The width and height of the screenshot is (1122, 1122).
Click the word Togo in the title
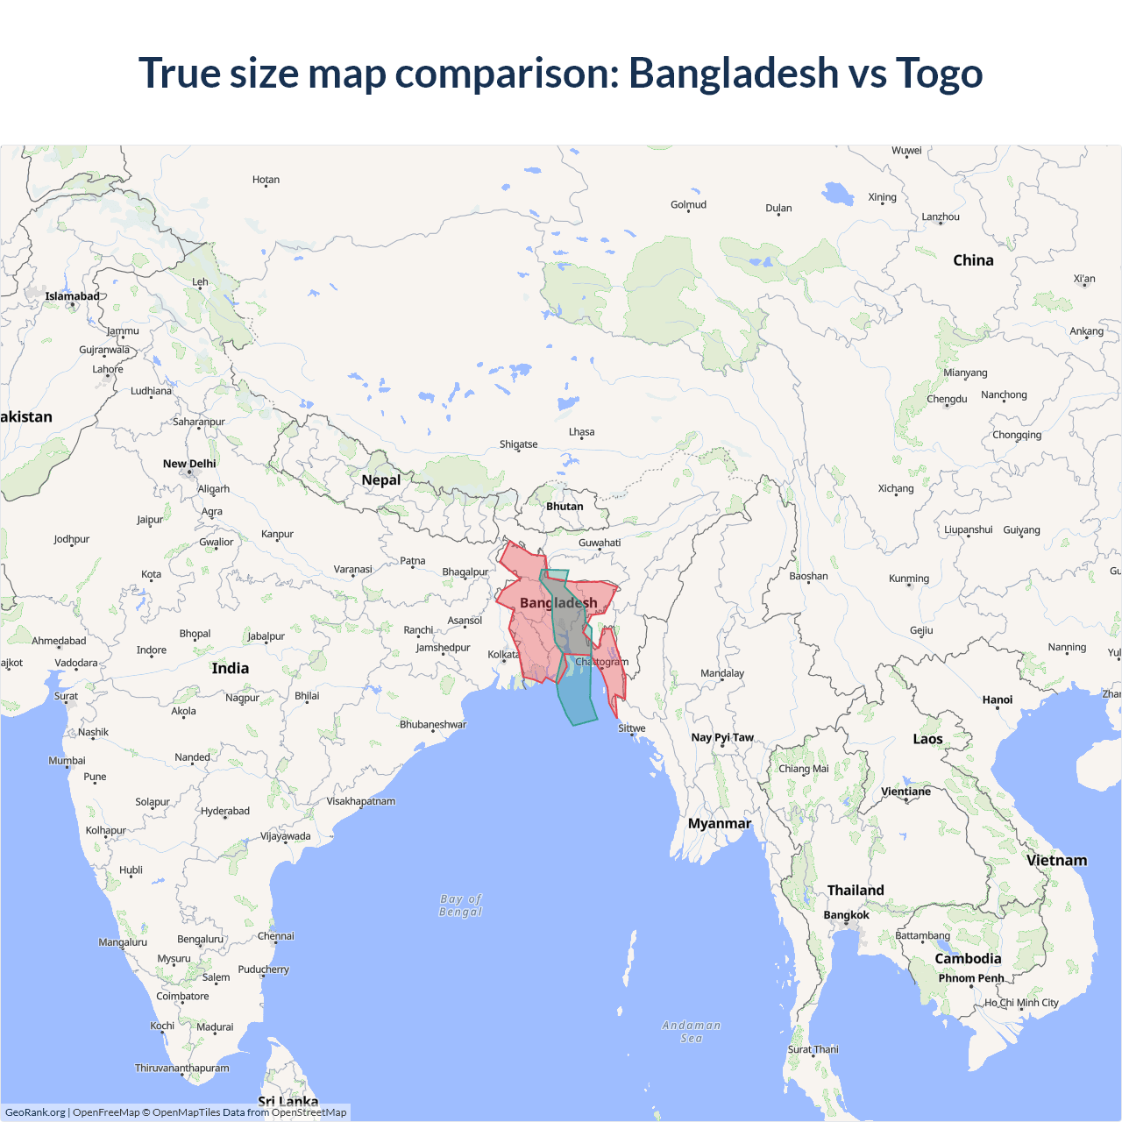[939, 74]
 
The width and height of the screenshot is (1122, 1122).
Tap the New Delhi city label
[188, 464]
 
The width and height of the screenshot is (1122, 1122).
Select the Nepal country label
[380, 480]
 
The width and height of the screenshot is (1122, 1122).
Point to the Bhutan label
[565, 507]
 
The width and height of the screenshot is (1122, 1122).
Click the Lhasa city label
[581, 432]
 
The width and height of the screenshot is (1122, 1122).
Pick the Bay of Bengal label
[461, 905]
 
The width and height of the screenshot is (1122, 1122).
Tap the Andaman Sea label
[692, 1032]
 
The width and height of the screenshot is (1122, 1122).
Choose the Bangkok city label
[846, 915]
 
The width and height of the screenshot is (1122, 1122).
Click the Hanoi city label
[998, 699]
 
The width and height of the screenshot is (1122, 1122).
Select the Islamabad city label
[72, 296]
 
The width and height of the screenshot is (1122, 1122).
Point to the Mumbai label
[67, 761]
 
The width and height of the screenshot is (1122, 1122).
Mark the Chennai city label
[276, 936]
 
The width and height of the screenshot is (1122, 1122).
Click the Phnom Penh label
[971, 978]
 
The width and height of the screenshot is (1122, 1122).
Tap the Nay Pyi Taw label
[722, 737]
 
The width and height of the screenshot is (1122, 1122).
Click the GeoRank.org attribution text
[35, 1112]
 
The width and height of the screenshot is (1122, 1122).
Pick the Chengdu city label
[947, 399]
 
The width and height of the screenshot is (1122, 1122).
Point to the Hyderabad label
[225, 811]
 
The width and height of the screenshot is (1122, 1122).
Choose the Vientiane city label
[905, 792]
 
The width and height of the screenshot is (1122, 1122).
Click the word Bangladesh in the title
[734, 74]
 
